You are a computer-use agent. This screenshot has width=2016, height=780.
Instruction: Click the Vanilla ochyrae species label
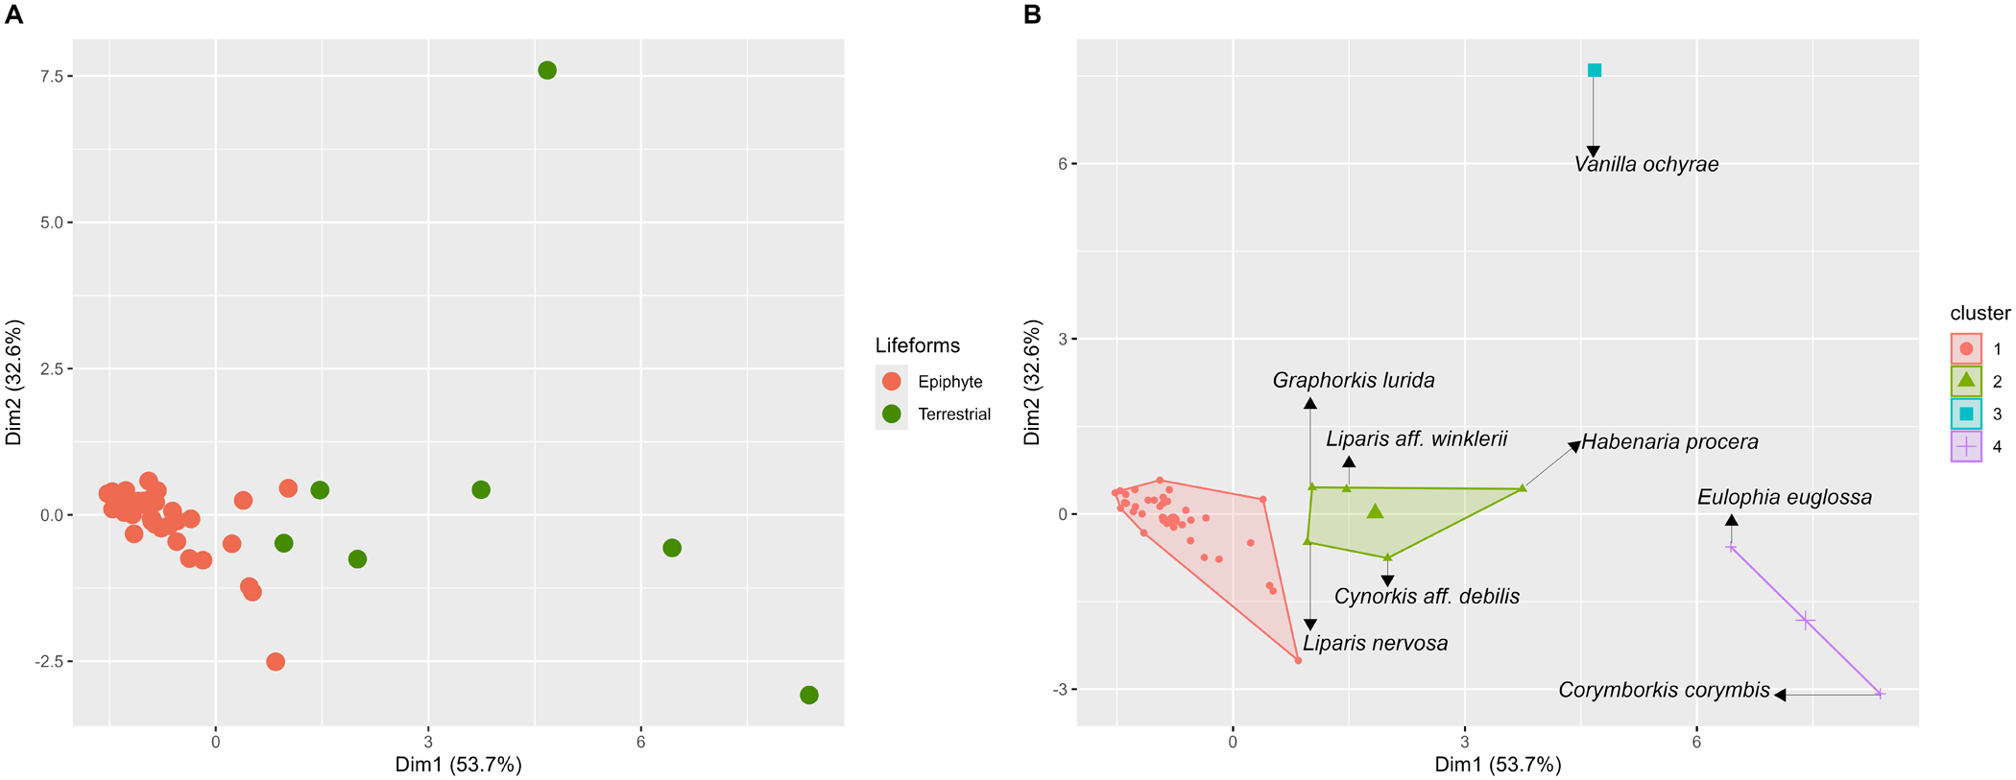1646,165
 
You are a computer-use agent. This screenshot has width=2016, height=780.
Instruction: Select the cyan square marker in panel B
1595,70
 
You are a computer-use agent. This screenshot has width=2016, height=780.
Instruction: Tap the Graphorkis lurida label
1354,381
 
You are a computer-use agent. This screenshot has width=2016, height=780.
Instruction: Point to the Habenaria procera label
1670,442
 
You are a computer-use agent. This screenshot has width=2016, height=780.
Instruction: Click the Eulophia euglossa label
1785,498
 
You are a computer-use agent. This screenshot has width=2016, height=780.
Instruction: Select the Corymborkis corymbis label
1664,691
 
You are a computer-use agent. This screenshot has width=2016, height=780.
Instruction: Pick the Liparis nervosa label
1375,644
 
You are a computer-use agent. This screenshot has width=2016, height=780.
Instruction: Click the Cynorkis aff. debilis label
1427,597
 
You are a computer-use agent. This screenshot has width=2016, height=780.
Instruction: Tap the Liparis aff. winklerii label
1417,439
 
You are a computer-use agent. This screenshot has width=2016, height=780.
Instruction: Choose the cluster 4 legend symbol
1966,446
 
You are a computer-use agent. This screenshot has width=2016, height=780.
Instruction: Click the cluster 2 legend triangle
1966,381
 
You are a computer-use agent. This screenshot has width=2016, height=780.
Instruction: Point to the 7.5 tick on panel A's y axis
50,77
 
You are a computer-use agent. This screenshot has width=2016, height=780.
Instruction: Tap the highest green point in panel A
547,70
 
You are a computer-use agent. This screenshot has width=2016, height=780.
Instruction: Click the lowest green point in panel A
809,695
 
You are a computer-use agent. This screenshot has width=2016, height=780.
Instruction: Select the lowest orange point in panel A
276,662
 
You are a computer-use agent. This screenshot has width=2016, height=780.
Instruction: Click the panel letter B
1033,14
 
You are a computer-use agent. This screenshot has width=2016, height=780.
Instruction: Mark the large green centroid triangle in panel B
1376,512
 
